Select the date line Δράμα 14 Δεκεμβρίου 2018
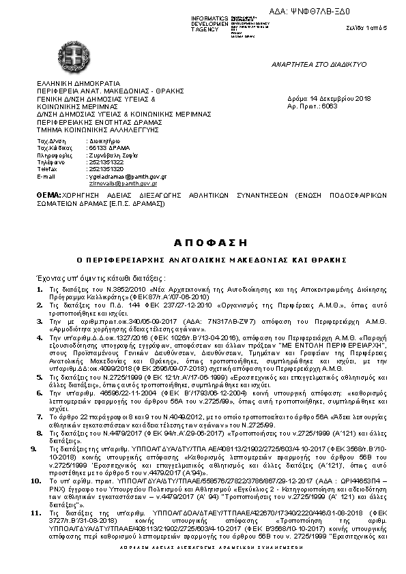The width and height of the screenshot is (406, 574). point(329,100)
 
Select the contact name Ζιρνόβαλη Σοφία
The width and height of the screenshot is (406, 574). point(111,155)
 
